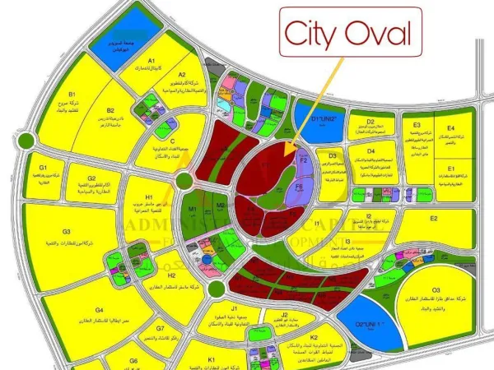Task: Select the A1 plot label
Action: coord(151,61)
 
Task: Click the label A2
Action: coord(182,75)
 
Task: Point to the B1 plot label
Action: coord(72,95)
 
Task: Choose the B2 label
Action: coord(110,109)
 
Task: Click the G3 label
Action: coord(67,233)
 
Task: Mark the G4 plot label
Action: coord(77,287)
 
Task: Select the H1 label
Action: coord(150,197)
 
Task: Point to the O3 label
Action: coord(436,290)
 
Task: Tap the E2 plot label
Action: coord(434,220)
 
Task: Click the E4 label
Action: coord(450,129)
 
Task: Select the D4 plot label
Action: coord(371,151)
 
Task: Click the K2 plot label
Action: coord(315,336)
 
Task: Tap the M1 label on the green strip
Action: coord(193,210)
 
